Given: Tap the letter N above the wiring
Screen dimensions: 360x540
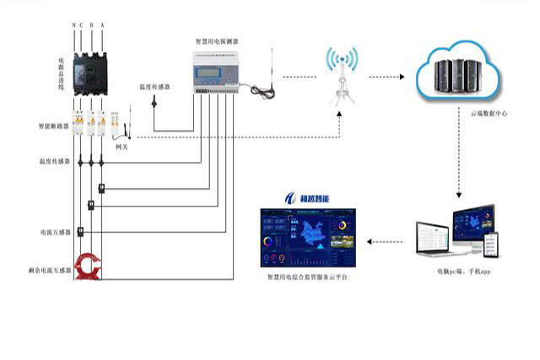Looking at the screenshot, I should pyautogui.click(x=74, y=25).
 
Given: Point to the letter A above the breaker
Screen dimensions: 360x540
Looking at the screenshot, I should pyautogui.click(x=103, y=25).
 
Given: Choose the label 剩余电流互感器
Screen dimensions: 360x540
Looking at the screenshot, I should pyautogui.click(x=46, y=271).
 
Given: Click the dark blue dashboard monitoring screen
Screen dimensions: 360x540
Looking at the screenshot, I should pyautogui.click(x=307, y=238).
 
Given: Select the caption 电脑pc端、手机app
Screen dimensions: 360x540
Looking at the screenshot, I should pyautogui.click(x=463, y=271).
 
